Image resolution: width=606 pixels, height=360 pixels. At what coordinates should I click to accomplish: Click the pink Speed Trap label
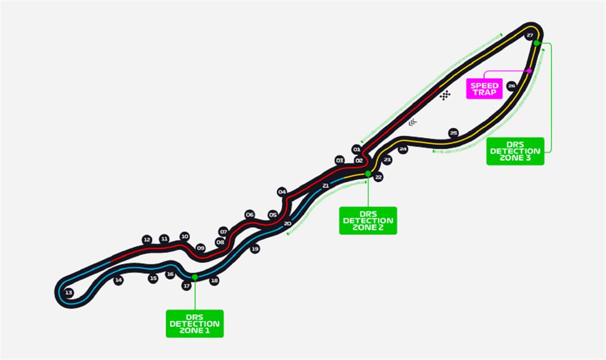pos(484,89)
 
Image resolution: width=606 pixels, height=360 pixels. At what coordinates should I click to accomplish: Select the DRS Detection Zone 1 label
pos(194,324)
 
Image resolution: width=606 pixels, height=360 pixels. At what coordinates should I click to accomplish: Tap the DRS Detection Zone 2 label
pos(368,221)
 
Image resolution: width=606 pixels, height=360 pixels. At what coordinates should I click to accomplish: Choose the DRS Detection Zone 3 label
pos(515,151)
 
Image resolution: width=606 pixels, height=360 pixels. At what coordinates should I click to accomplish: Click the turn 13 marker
pos(68,293)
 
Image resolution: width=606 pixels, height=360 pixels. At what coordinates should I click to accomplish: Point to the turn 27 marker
pos(530,35)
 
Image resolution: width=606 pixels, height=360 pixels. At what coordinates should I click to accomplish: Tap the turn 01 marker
pos(356,149)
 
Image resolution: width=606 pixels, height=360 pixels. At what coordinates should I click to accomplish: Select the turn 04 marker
pos(282,192)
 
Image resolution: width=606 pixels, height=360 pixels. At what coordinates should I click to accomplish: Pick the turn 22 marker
pos(378,177)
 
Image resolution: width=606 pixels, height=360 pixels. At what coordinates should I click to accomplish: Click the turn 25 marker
pos(453,133)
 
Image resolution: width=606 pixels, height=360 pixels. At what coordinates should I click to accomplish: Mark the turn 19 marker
pos(255,249)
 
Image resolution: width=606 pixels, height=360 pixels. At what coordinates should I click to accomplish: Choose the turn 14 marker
pos(118,281)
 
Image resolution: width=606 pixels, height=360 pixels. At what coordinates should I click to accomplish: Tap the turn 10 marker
pos(185,236)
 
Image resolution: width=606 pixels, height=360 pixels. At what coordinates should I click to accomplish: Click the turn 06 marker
pos(250,215)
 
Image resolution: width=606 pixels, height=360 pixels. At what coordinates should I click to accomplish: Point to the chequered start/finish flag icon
pos(445,95)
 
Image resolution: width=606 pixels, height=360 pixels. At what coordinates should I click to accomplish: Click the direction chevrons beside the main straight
pos(413,122)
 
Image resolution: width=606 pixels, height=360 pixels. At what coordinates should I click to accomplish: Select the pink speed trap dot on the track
pos(529,70)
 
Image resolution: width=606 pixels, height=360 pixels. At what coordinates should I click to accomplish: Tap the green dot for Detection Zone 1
pos(194,277)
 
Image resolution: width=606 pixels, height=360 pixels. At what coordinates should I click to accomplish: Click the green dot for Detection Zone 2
pos(368,173)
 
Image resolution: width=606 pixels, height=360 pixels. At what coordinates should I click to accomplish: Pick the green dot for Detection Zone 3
pos(536,43)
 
